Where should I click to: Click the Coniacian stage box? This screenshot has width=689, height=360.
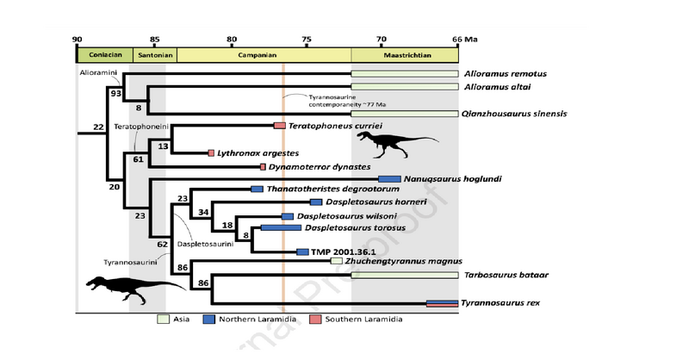(x=104, y=54)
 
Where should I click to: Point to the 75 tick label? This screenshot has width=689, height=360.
(x=307, y=39)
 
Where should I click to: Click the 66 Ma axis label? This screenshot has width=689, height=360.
(x=464, y=39)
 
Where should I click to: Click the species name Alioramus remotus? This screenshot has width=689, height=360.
(x=506, y=74)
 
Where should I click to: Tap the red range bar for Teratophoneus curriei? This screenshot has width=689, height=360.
(x=279, y=126)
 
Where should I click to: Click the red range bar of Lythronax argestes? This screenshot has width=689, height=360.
(x=211, y=152)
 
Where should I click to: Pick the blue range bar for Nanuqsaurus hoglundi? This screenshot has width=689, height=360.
(x=389, y=179)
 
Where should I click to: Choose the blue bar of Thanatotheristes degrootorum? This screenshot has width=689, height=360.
(x=257, y=189)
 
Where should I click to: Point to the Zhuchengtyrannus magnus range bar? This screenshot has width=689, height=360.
(x=337, y=261)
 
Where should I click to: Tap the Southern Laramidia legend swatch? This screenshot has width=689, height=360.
(x=314, y=320)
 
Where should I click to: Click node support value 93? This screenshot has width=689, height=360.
(x=115, y=92)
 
